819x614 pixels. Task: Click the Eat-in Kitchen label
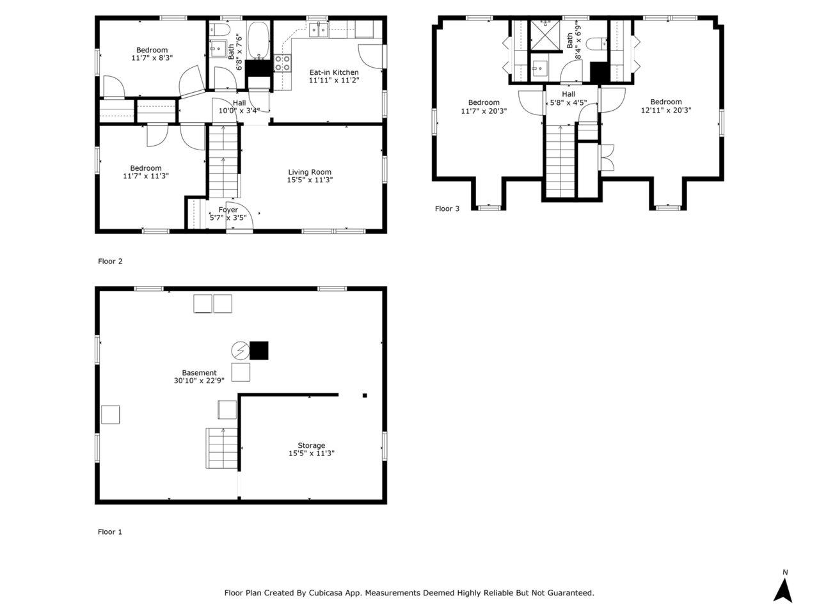click(x=334, y=72)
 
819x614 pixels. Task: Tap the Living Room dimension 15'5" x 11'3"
click(x=309, y=180)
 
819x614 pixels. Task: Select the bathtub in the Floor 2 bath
click(x=258, y=40)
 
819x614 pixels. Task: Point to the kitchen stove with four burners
click(x=282, y=63)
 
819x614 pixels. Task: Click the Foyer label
click(x=228, y=210)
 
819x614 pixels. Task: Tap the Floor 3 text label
click(x=447, y=209)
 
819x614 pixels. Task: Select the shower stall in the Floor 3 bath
click(x=545, y=35)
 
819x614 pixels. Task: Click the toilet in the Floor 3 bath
click(x=596, y=43)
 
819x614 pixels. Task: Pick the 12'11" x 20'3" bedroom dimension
click(x=666, y=111)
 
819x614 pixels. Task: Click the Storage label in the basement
click(x=311, y=445)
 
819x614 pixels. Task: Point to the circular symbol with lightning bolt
click(x=240, y=350)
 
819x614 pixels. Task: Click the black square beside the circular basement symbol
click(x=259, y=350)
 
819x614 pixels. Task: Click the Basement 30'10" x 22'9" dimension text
click(x=199, y=381)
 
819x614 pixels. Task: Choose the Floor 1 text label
click(x=109, y=532)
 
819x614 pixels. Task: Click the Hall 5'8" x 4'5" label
click(x=568, y=98)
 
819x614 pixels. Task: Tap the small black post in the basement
click(x=365, y=395)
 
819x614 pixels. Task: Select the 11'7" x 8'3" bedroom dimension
click(x=152, y=58)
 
